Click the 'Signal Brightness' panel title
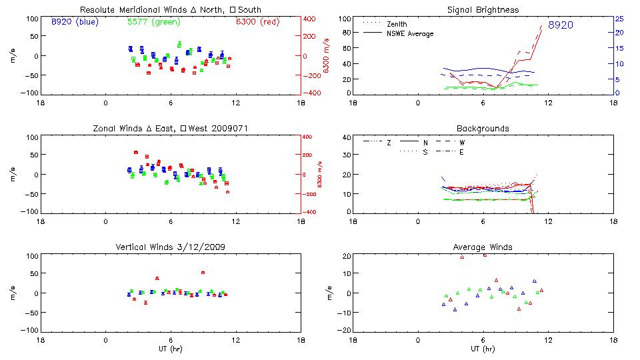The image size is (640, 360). tap(484, 10)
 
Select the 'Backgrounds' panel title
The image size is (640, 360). tap(484, 128)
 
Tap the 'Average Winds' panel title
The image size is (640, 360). tap(484, 247)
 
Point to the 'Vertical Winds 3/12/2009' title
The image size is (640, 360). tap(171, 247)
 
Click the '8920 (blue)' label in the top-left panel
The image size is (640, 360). tap(74, 22)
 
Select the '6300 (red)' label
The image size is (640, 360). tap(258, 22)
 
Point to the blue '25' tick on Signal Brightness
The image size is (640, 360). tap(619, 19)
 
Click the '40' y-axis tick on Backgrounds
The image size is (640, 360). tap(345, 138)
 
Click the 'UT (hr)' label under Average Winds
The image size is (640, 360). tap(484, 349)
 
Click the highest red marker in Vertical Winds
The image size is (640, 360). tap(203, 272)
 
